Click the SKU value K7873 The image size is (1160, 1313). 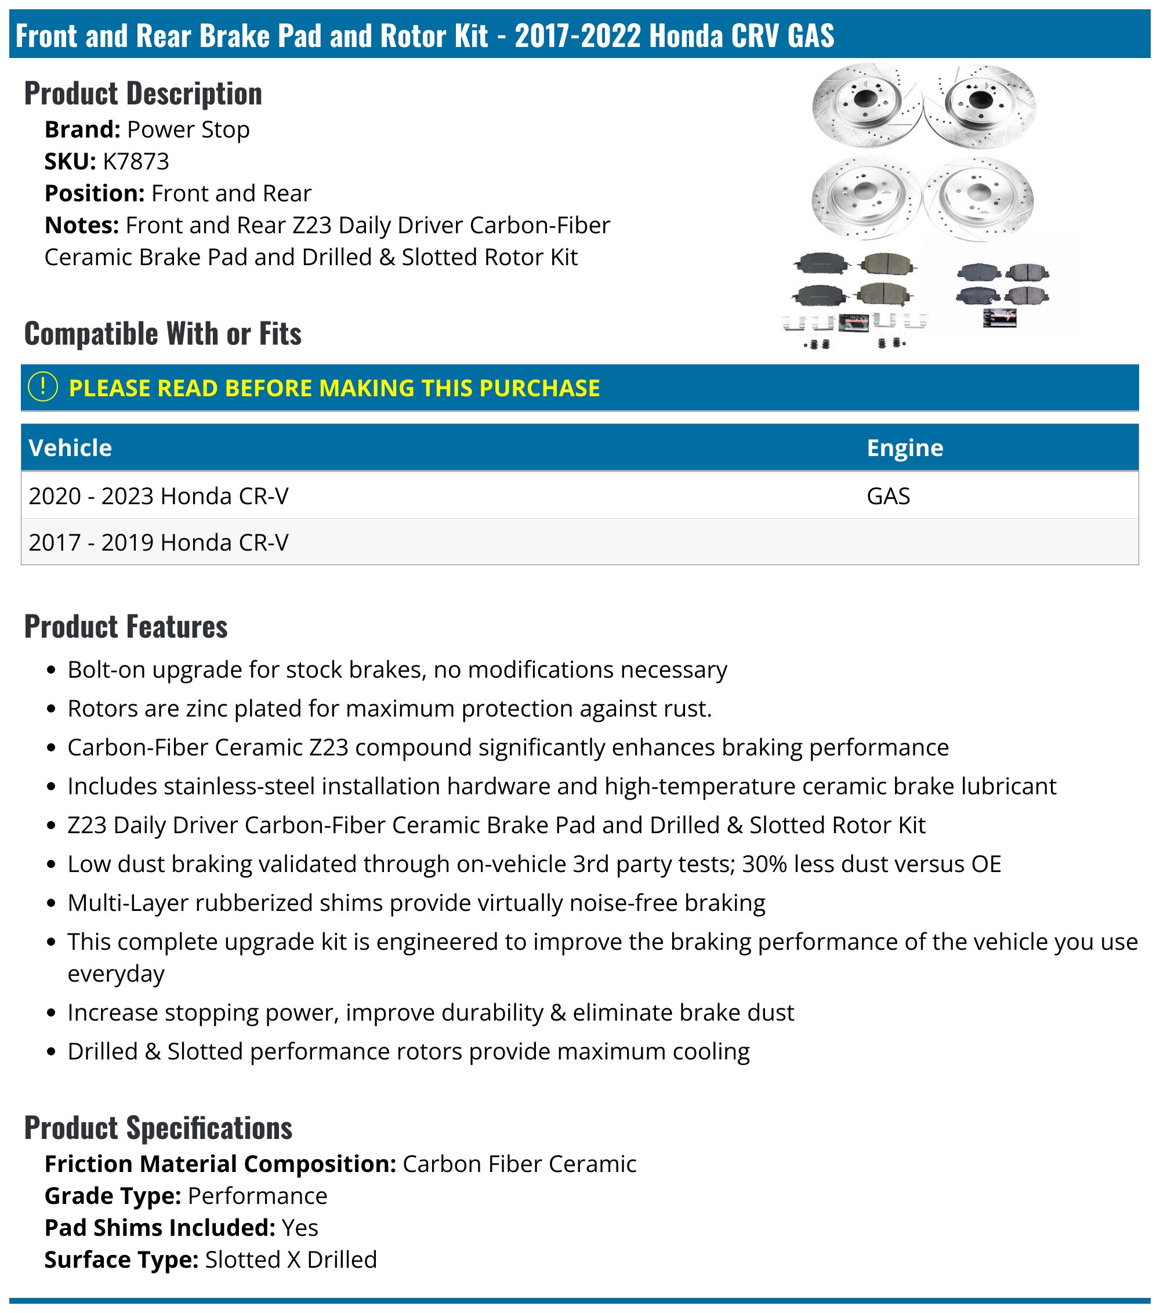136,161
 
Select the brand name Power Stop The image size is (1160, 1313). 188,129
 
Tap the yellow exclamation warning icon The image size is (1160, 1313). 43,388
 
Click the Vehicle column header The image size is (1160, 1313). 70,448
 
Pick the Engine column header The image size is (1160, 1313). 904,448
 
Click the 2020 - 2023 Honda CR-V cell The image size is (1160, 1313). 159,496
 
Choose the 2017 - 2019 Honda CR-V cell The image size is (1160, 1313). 159,542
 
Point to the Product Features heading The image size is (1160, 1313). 126,626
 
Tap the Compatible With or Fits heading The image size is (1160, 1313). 162,334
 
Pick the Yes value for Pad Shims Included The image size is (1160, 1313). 300,1228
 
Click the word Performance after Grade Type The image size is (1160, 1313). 258,1195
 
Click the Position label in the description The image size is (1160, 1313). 95,193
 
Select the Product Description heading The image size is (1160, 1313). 143,94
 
